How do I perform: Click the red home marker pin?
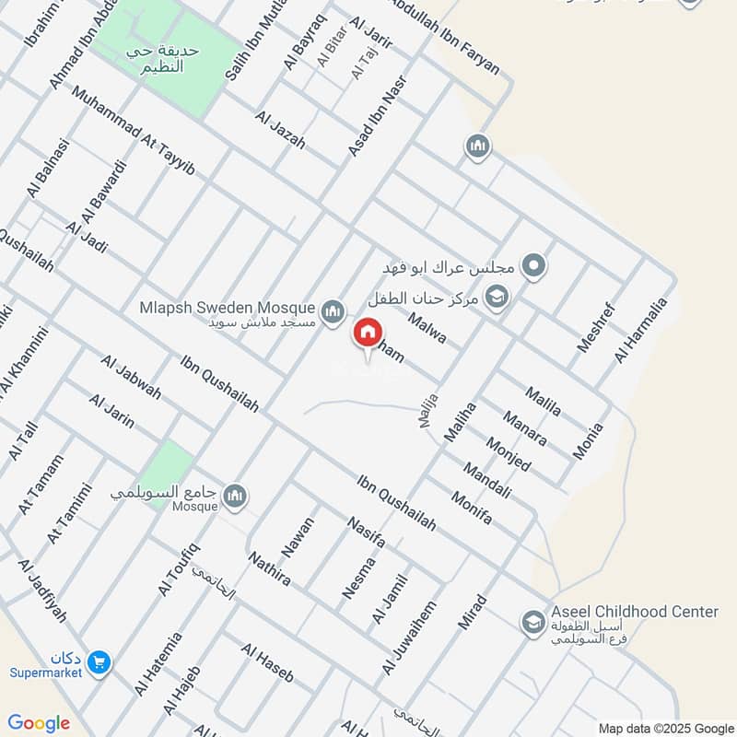tap(367, 333)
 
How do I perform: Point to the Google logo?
tap(39, 723)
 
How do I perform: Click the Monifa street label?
tap(472, 509)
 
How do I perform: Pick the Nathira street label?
tap(269, 568)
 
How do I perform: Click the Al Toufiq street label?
tap(178, 568)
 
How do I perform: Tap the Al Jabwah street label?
tap(132, 378)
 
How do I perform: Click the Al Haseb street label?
tap(266, 662)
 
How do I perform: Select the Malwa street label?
tap(427, 329)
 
